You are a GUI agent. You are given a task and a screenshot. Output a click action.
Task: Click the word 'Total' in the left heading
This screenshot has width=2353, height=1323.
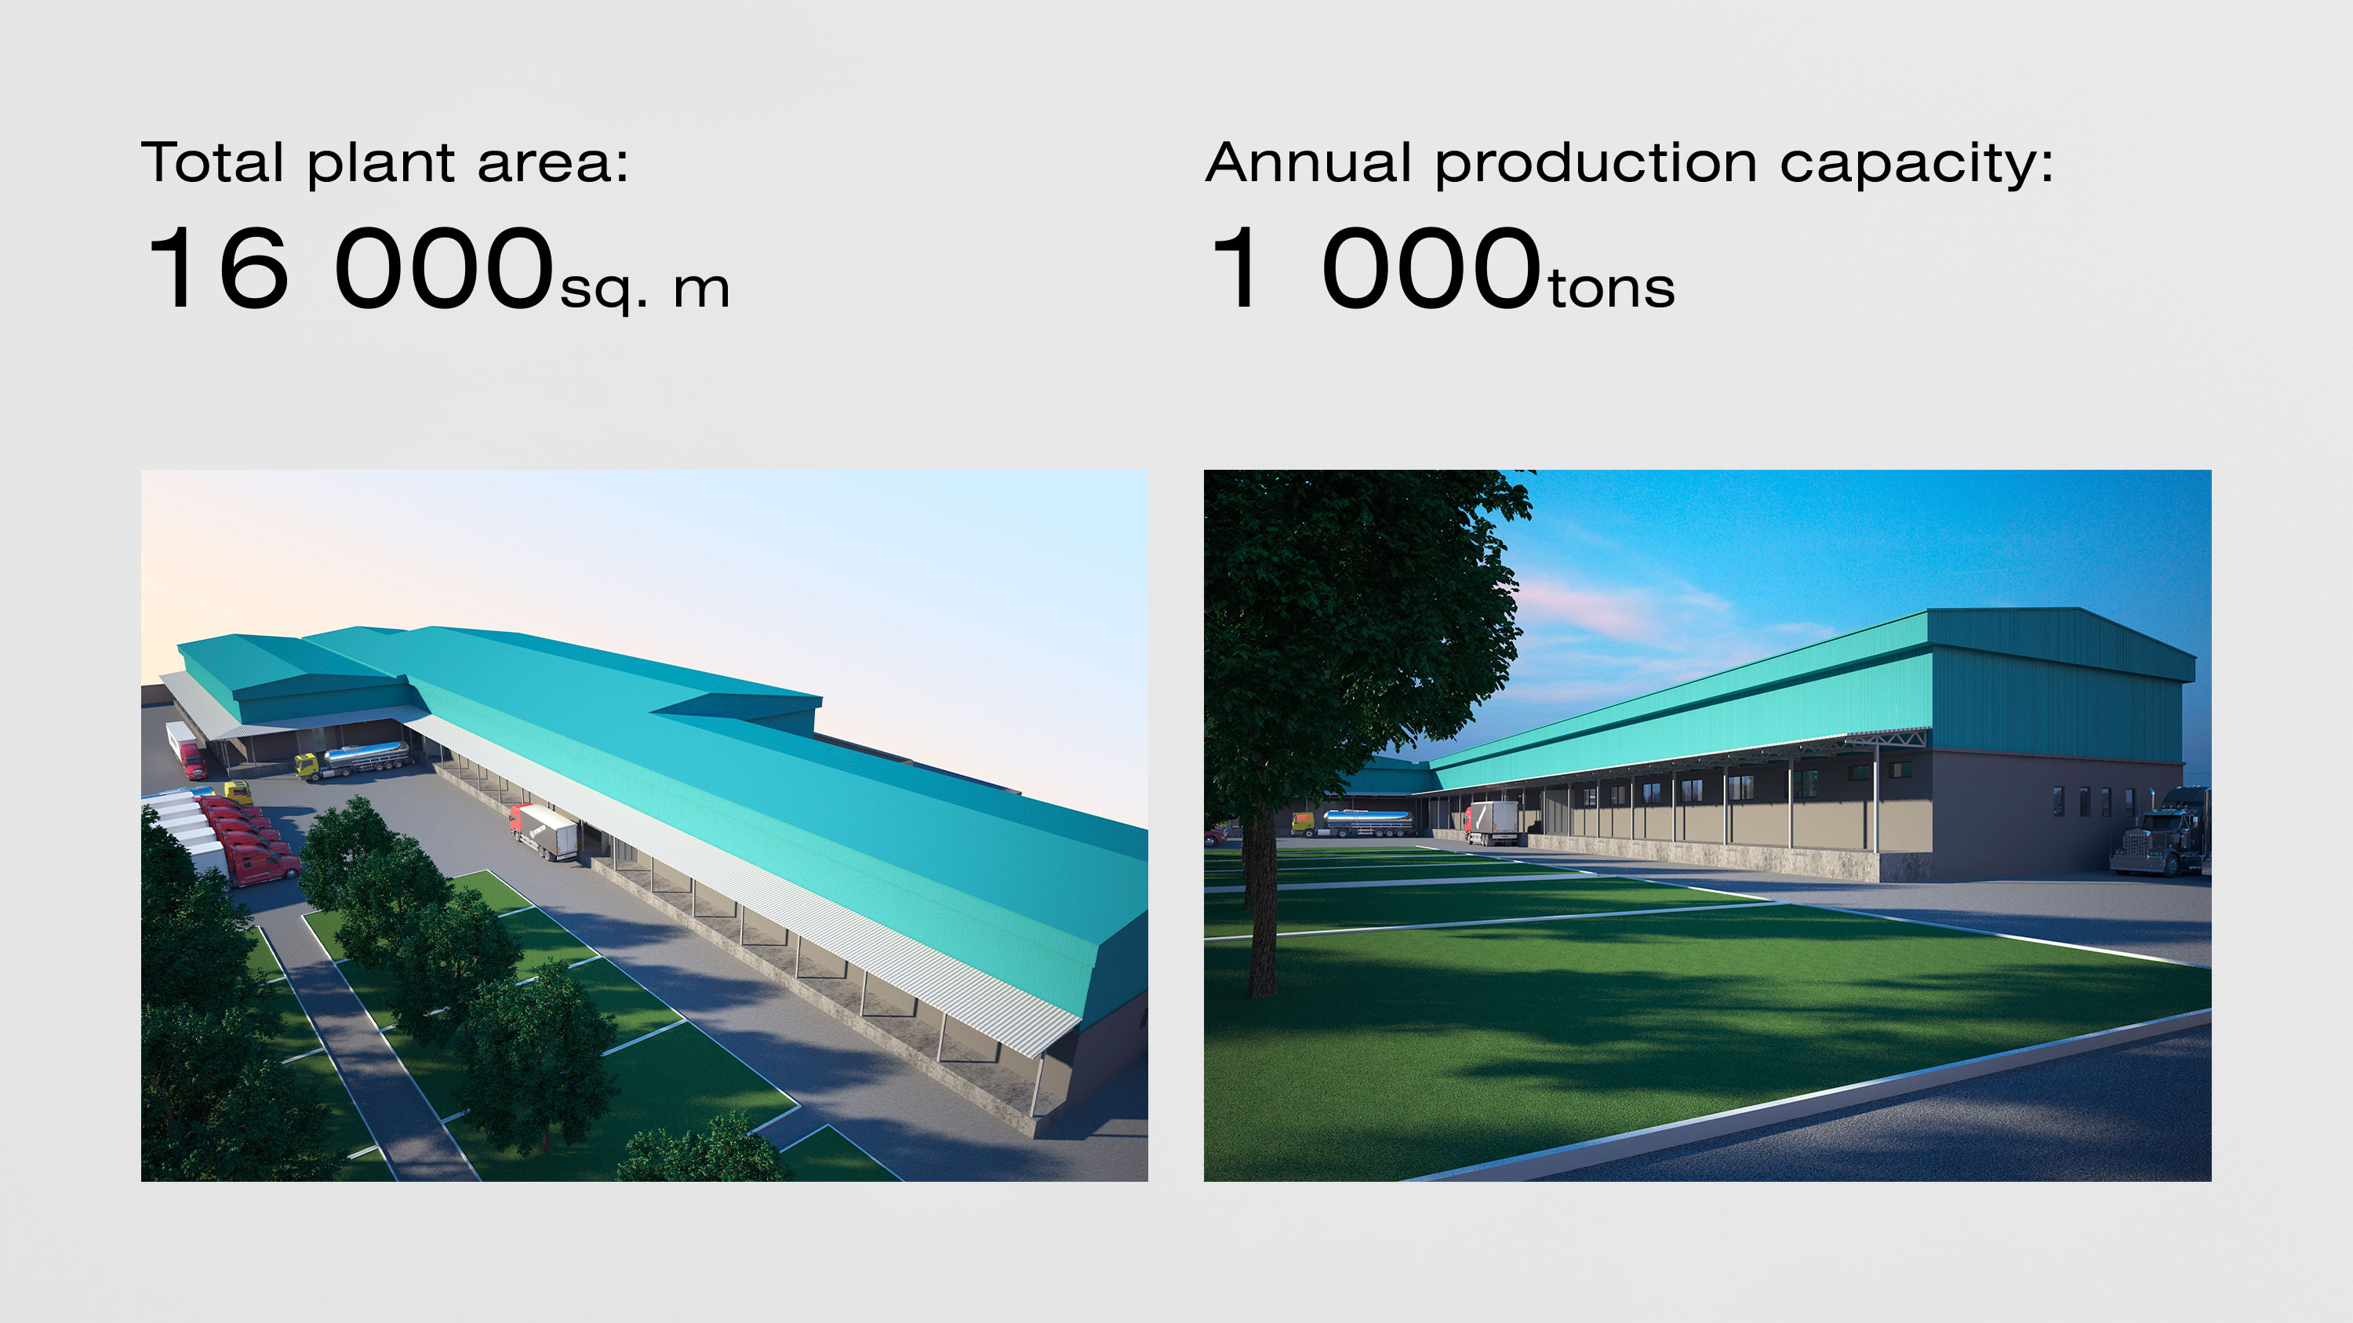click(212, 162)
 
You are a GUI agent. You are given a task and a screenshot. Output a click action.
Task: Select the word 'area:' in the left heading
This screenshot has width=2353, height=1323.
click(553, 165)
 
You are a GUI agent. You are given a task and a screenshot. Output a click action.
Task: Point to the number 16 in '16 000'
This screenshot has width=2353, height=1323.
click(218, 267)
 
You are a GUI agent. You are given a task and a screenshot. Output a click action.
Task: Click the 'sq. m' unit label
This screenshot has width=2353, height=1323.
click(644, 290)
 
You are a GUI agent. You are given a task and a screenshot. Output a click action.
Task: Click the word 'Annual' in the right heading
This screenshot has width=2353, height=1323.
click(1308, 162)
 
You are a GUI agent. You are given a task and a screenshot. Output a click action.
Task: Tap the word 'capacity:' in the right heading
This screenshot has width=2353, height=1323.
click(1916, 165)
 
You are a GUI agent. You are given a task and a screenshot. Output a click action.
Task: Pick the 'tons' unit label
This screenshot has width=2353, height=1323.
click(1611, 289)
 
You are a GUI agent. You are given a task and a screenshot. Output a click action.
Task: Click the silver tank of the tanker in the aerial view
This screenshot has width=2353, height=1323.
click(367, 755)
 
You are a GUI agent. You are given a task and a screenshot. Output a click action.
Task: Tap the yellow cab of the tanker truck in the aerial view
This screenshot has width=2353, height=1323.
click(307, 765)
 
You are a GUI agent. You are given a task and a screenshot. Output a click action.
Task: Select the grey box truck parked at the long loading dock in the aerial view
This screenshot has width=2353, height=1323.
click(544, 831)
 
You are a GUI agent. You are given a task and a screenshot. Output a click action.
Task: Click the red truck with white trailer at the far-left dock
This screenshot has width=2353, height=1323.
click(187, 750)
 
